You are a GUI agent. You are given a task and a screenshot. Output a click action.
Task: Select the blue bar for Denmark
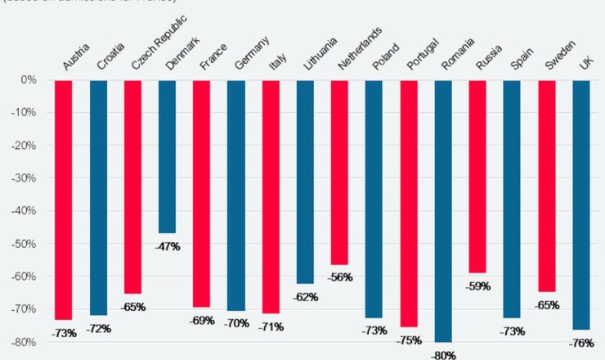(x=167, y=156)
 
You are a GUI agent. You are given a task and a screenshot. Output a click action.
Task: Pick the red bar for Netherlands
(x=339, y=172)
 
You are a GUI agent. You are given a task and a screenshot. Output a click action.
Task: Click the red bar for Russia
(x=477, y=176)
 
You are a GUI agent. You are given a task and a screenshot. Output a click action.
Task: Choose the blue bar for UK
(x=580, y=205)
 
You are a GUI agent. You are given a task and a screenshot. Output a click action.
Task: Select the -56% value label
(x=339, y=277)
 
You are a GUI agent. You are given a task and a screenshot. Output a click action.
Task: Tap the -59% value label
(x=477, y=286)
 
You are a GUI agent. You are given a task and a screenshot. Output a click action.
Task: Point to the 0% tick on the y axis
(x=29, y=80)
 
